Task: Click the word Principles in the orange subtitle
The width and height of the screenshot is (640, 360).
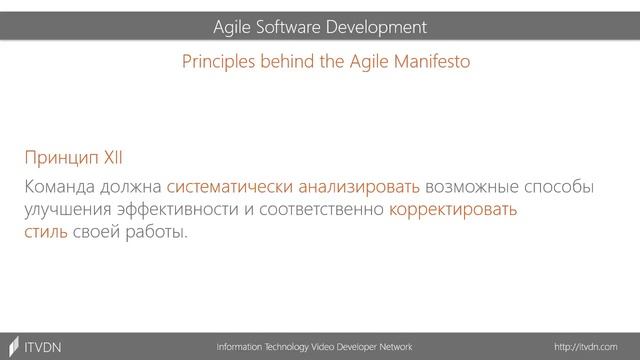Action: click(216, 61)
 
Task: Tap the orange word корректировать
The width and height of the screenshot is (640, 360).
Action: click(454, 210)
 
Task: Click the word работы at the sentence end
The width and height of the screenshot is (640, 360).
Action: click(157, 233)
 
